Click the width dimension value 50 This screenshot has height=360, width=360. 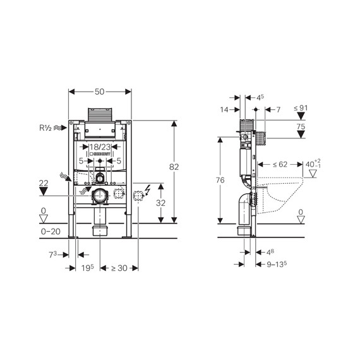pyautogui.click(x=100, y=92)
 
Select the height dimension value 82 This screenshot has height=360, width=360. pyautogui.click(x=175, y=167)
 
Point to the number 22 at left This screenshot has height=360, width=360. pyautogui.click(x=43, y=183)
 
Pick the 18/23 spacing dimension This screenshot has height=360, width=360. pyautogui.click(x=100, y=147)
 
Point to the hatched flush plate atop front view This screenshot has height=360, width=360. pyautogui.click(x=100, y=116)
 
